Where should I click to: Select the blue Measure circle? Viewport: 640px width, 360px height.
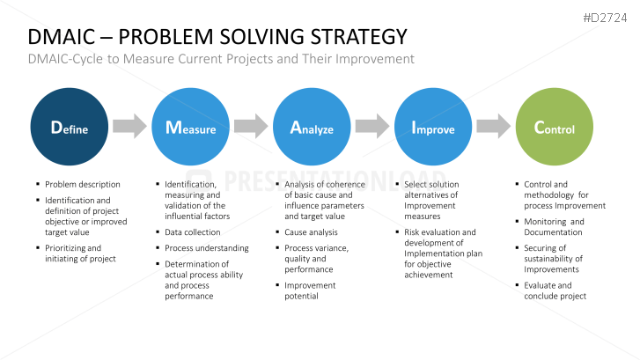[191, 129]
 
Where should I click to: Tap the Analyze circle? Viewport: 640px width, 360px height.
[312, 129]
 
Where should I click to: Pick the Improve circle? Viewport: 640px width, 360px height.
[433, 129]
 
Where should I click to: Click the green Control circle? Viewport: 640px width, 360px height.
[554, 129]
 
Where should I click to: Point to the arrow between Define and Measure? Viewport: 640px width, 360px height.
[130, 127]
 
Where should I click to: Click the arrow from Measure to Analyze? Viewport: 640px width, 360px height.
[251, 127]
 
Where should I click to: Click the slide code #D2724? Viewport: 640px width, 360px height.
[608, 16]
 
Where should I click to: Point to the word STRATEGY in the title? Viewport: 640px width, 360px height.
[362, 37]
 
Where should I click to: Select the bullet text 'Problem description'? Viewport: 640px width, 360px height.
[83, 185]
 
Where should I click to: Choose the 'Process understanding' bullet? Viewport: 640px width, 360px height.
[207, 248]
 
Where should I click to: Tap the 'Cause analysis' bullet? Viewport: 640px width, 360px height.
[312, 232]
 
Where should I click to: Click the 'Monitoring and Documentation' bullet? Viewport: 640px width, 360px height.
[554, 227]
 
